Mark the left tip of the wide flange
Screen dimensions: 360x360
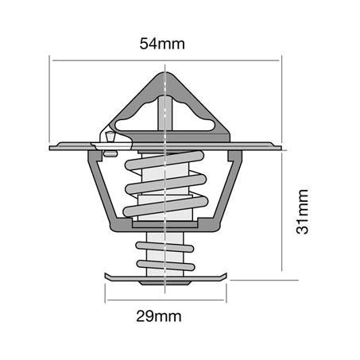pos(52,147)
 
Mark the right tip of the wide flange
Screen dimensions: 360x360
pos(279,146)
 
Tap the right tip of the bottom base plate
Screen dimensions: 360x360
pos(226,277)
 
